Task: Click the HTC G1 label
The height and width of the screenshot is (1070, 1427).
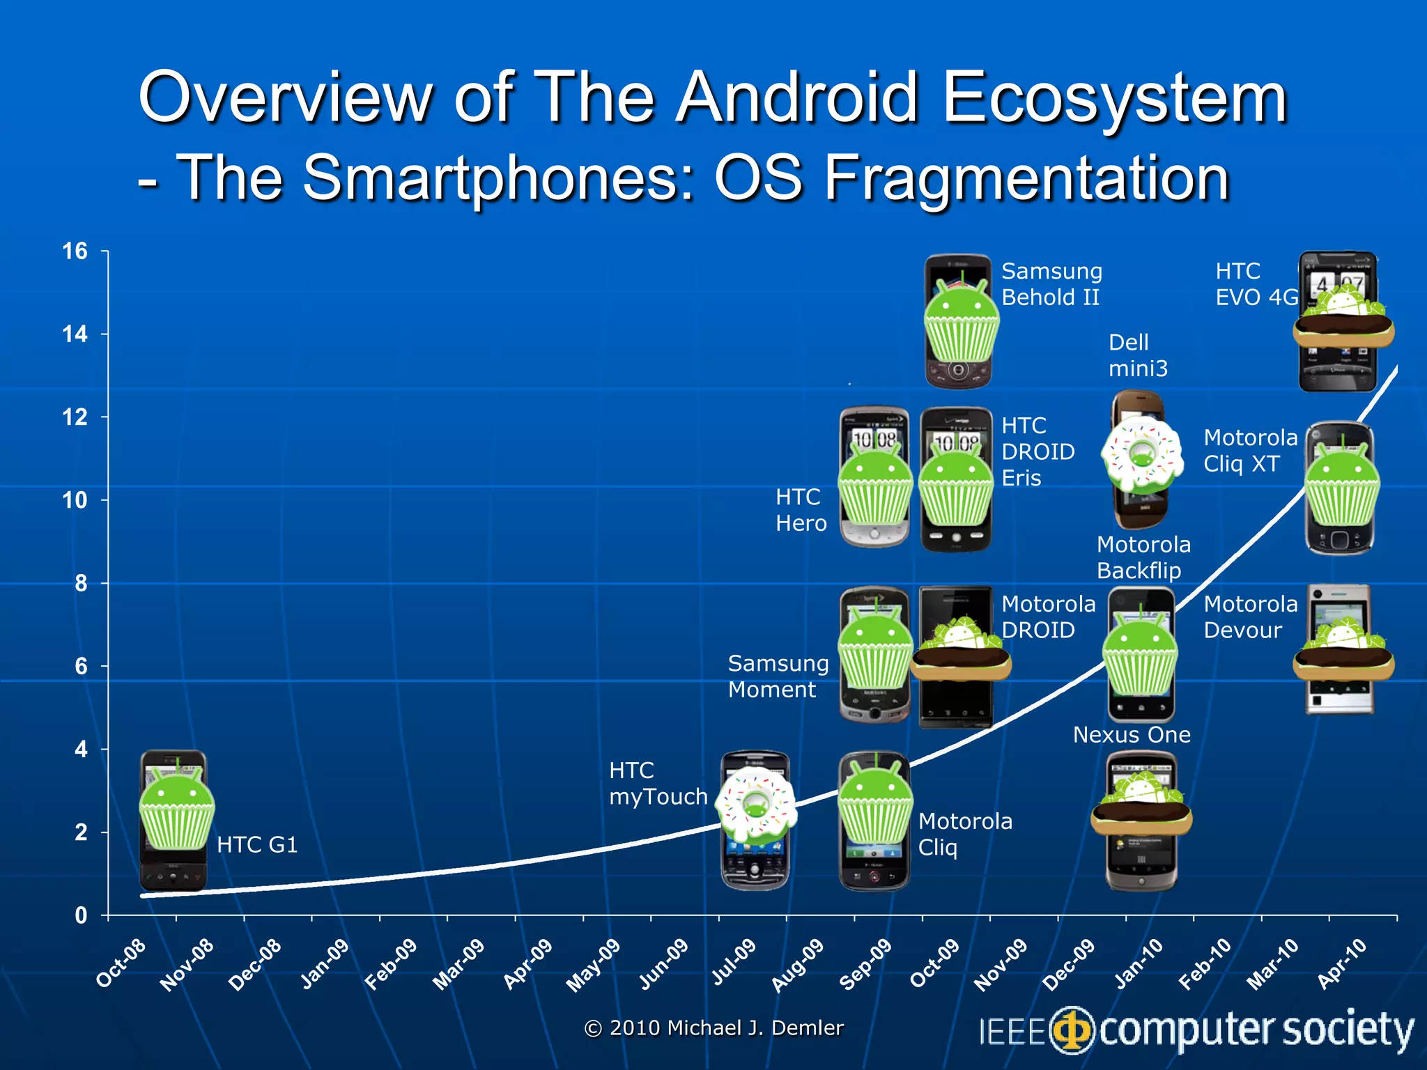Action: point(257,845)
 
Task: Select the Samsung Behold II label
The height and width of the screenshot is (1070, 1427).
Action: point(1051,284)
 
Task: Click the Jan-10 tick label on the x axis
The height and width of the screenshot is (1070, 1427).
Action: point(1139,964)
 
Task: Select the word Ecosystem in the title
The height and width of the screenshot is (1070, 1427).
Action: point(1113,98)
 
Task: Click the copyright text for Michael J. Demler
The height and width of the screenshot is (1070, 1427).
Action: point(713,1028)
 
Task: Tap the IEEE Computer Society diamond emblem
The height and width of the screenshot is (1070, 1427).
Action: point(1072,1030)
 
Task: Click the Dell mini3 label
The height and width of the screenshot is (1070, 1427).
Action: point(1138,355)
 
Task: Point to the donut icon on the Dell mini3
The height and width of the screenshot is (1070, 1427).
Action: point(1142,455)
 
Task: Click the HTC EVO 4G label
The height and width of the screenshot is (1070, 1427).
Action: point(1256,284)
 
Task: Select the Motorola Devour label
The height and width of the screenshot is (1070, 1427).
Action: point(1251,617)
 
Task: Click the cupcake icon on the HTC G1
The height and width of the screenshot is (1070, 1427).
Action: point(177,811)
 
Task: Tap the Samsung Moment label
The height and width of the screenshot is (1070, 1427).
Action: point(778,676)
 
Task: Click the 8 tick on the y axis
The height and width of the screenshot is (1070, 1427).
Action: point(81,583)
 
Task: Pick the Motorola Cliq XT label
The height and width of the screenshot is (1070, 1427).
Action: point(1251,451)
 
